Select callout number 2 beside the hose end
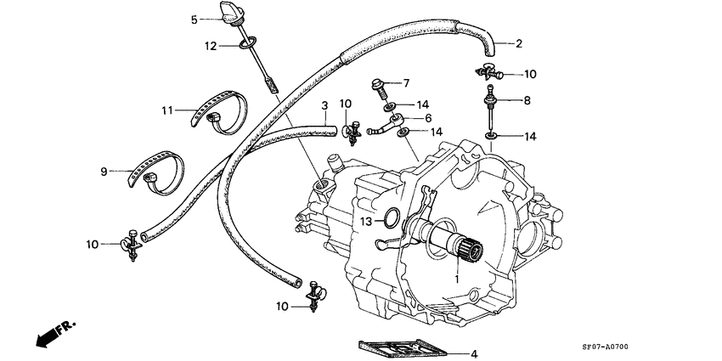tap(518, 43)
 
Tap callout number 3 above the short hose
tap(324, 105)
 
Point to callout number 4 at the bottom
tap(475, 354)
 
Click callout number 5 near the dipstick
tap(195, 19)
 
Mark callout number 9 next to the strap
tap(104, 172)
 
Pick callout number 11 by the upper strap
tap(168, 110)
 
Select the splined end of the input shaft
tap(470, 250)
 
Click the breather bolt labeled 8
tap(492, 106)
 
